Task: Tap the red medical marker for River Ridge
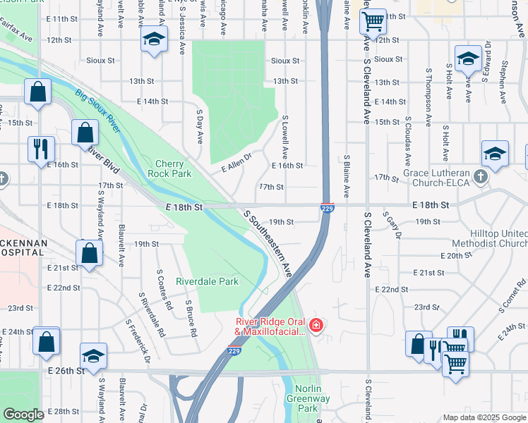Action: (316, 325)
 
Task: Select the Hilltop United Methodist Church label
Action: (498, 238)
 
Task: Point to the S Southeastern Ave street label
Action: (268, 241)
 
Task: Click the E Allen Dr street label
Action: (236, 164)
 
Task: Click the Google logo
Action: (24, 415)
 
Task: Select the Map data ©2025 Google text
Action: (484, 417)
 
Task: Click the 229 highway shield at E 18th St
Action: (327, 209)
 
